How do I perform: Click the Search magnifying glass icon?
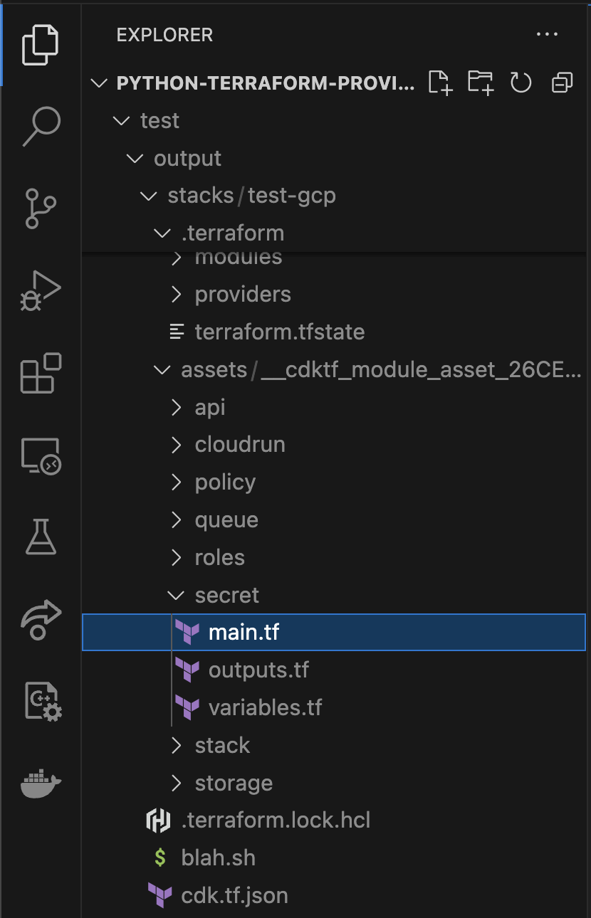41,126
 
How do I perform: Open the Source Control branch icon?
41,209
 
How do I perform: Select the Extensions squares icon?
41,372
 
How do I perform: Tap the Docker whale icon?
41,784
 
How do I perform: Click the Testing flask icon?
41,537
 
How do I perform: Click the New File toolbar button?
441,83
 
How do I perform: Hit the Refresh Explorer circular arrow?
521,83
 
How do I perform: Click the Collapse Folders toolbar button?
562,83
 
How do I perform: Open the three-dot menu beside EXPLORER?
547,34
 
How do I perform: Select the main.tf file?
244,632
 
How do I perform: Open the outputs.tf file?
258,670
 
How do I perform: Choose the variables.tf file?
265,708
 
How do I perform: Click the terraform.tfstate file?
280,332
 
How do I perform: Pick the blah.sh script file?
218,858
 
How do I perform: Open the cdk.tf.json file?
234,895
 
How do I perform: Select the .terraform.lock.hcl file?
276,820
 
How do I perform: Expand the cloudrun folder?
240,445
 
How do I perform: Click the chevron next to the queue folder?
177,520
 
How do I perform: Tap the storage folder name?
234,784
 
